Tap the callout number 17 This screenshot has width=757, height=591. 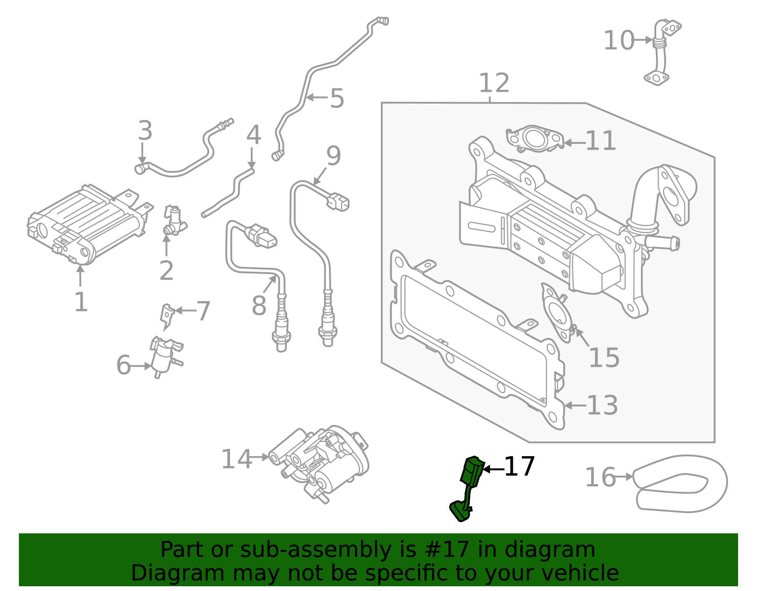click(x=519, y=467)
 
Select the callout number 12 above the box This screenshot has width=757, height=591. click(x=493, y=83)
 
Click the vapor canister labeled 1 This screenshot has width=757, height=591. click(x=88, y=222)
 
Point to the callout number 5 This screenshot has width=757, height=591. click(x=336, y=98)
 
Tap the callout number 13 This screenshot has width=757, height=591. click(x=602, y=406)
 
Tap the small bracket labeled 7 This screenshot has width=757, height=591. click(x=167, y=315)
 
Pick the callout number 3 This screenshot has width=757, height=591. click(x=145, y=131)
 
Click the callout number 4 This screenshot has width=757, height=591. click(x=253, y=135)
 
